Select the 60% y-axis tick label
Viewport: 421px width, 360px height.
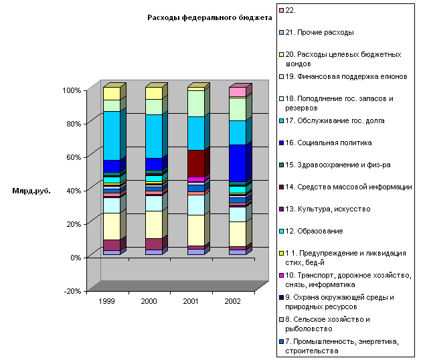click(72, 157)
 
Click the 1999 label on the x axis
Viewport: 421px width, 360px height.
click(106, 302)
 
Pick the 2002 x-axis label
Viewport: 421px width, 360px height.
click(233, 302)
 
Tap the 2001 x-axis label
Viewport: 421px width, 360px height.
click(191, 302)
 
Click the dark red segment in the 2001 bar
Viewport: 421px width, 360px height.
click(196, 163)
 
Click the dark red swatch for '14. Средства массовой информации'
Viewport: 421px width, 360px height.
click(281, 187)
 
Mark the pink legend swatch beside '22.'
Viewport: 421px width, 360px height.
click(281, 10)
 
